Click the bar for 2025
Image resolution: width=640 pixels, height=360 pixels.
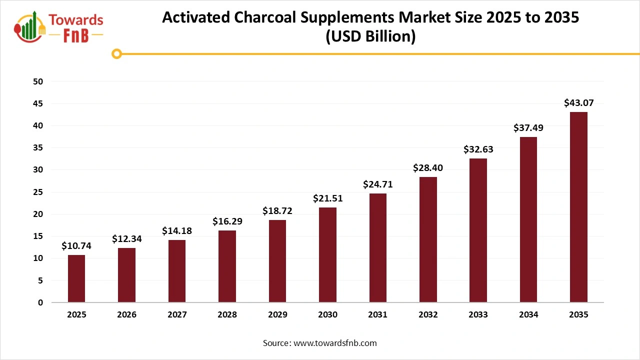[76, 278]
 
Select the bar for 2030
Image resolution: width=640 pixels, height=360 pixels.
[327, 255]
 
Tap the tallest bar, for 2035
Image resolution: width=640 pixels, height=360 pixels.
[578, 207]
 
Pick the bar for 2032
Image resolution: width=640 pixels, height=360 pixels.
[428, 239]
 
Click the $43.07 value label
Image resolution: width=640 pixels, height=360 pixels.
[578, 103]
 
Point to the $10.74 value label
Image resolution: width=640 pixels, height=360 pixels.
[76, 246]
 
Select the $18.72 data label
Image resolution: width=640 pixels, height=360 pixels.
[277, 211]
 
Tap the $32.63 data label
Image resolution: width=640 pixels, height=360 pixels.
[478, 149]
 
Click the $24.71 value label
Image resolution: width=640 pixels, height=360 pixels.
[377, 184]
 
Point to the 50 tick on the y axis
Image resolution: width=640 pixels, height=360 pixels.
[38, 81]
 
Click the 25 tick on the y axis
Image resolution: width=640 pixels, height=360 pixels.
[38, 192]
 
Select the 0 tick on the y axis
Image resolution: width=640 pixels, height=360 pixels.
[40, 302]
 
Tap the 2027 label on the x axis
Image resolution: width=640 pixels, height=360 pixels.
[177, 315]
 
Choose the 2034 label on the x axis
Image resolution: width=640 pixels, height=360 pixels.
[528, 315]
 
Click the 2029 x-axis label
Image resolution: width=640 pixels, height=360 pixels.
[277, 315]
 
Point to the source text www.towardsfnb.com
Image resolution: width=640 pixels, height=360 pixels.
[334, 343]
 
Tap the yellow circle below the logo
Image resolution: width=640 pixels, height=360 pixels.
[117, 53]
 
